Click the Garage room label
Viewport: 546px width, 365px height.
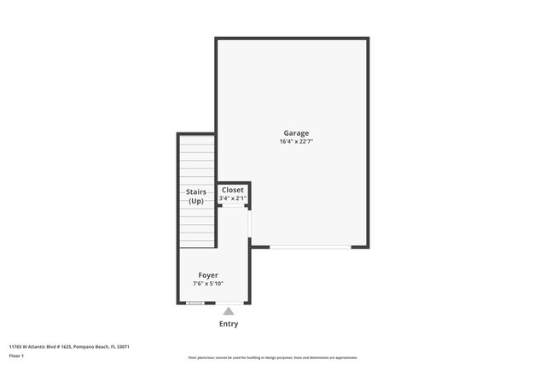296,132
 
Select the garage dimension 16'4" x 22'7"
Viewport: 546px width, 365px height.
296,141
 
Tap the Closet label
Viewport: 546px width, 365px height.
233,190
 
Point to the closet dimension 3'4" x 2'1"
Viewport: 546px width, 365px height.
233,198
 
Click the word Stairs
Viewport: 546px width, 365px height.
196,192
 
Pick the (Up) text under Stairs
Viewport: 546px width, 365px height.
196,201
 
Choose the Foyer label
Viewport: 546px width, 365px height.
209,275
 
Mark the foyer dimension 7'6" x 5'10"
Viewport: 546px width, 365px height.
209,284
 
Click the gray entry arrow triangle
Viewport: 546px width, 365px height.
229,312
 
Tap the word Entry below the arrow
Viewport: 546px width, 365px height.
229,324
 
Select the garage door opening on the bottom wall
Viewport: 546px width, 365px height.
310,248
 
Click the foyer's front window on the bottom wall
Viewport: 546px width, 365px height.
195,303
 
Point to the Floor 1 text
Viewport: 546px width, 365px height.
16,356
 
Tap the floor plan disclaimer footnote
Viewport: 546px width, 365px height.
272,357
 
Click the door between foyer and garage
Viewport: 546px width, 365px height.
249,224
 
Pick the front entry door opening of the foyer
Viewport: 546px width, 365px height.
229,303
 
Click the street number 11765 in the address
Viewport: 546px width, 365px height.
15,347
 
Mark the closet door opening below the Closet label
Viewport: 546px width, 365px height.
233,205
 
